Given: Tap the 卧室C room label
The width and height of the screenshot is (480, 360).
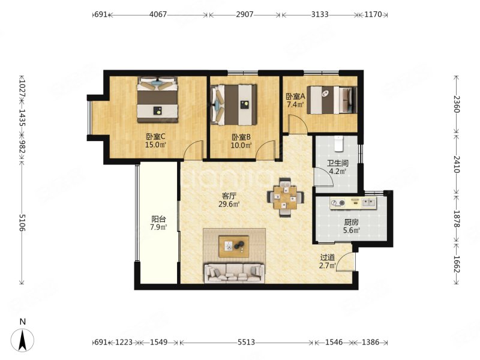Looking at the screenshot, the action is click(155, 137).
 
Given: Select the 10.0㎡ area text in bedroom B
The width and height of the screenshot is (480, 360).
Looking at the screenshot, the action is click(241, 145).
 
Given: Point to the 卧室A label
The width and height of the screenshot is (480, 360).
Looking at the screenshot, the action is click(295, 97).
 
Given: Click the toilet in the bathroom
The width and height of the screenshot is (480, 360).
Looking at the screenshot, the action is click(339, 144).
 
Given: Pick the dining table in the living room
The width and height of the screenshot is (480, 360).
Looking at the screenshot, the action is click(286, 197).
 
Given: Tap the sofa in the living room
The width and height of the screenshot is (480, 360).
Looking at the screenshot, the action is click(235, 273).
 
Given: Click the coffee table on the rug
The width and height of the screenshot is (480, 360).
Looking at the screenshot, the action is click(233, 246).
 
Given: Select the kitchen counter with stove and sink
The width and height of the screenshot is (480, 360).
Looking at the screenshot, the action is click(353, 203).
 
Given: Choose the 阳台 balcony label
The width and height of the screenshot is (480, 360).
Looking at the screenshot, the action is click(158, 219).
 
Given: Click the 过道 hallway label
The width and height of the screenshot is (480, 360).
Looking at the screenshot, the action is click(327, 258).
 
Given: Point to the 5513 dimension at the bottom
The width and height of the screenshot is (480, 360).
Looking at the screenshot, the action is click(246, 342).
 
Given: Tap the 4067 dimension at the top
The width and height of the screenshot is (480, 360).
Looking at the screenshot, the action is click(158, 14).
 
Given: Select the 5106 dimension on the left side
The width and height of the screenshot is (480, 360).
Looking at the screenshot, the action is click(22, 223).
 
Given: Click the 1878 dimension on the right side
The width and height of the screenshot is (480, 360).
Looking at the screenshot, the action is click(457, 218).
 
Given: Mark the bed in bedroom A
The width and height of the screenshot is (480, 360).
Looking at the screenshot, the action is click(332, 100).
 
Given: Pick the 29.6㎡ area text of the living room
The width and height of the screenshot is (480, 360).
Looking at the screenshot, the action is click(229, 204).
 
